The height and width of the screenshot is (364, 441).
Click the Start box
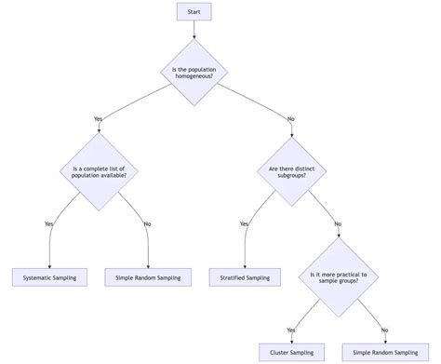point(194,12)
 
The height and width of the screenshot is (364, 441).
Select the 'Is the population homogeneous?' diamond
point(194,73)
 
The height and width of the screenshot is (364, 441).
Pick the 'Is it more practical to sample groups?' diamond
point(338,276)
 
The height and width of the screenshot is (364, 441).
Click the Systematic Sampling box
point(49,276)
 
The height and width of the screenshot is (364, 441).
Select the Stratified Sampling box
point(245,276)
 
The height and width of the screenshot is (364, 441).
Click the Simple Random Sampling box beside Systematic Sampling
point(148,276)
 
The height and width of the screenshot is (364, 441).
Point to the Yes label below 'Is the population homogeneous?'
point(99,118)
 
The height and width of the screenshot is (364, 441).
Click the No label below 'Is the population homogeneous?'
point(290,118)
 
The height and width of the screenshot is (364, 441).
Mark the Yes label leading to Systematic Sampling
point(49,223)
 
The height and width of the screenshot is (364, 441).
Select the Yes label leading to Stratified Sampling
point(245,223)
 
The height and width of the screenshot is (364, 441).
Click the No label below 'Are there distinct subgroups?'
point(337,223)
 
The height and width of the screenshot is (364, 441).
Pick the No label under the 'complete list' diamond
point(148,223)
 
